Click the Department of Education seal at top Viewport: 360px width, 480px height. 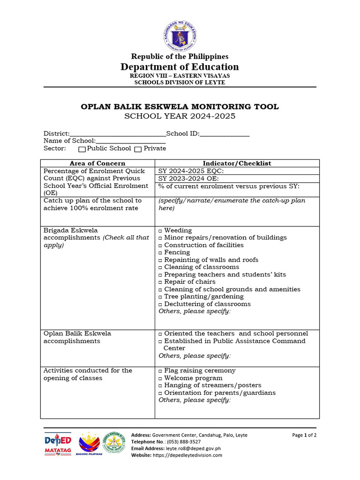[x=180, y=36]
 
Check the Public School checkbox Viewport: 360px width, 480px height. [x=82, y=149]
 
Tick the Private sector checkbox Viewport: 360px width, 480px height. [x=138, y=149]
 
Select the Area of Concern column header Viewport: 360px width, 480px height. [x=97, y=163]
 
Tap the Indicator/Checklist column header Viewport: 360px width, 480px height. [x=237, y=163]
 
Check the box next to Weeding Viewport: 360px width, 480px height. [x=160, y=231]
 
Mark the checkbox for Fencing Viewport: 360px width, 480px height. [x=160, y=253]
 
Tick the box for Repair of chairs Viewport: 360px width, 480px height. [x=160, y=283]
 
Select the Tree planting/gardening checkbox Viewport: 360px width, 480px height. [x=160, y=297]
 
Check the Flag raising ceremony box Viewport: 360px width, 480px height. [x=160, y=371]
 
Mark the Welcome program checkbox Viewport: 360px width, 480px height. [x=160, y=379]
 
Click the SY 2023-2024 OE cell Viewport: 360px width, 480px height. [x=237, y=178]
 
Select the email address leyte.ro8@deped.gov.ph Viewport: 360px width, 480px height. [x=190, y=448]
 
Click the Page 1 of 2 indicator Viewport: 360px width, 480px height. [x=304, y=435]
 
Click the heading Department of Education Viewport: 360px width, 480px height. [x=180, y=67]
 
